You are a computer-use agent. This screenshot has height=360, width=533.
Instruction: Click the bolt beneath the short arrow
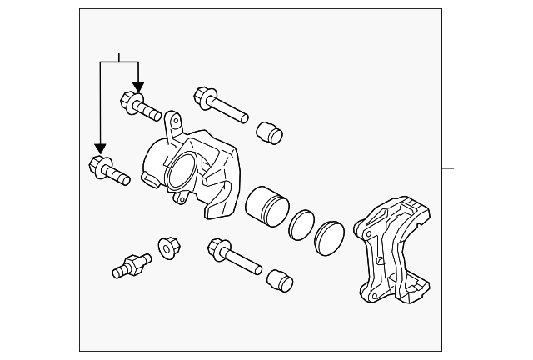tap(142, 106)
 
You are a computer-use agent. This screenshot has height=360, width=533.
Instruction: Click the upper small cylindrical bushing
tap(269, 132)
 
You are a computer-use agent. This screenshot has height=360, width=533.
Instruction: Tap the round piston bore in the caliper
tap(182, 171)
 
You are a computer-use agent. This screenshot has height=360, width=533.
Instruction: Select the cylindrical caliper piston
tap(267, 204)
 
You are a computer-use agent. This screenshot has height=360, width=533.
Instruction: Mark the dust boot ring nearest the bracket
tap(330, 237)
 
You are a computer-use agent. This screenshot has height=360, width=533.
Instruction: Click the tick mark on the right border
tap(448, 168)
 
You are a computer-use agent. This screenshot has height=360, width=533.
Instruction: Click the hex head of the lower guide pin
tap(219, 247)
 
